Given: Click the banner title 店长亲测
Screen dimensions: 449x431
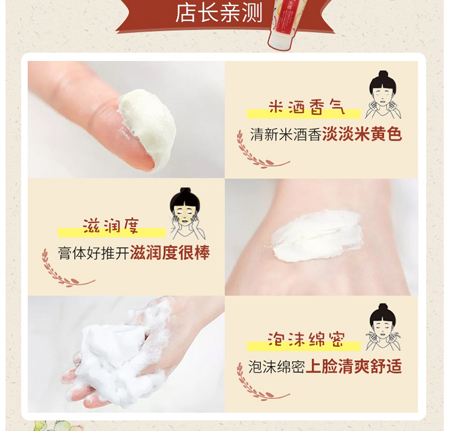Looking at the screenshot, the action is [219, 13].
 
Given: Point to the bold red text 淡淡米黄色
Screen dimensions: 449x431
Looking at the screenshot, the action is [362, 134].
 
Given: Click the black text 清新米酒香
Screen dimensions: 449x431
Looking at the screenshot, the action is [286, 134].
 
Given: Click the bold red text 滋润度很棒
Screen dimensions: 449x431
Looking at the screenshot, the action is [170, 253].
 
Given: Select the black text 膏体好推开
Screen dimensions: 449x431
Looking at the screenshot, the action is [94, 253].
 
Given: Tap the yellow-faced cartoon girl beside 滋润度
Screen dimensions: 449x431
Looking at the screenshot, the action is [186, 214].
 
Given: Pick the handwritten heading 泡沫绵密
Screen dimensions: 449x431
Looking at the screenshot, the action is [306, 340].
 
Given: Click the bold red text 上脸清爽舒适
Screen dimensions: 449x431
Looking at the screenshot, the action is [354, 366].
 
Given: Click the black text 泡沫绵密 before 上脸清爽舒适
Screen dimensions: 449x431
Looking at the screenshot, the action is [276, 367].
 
